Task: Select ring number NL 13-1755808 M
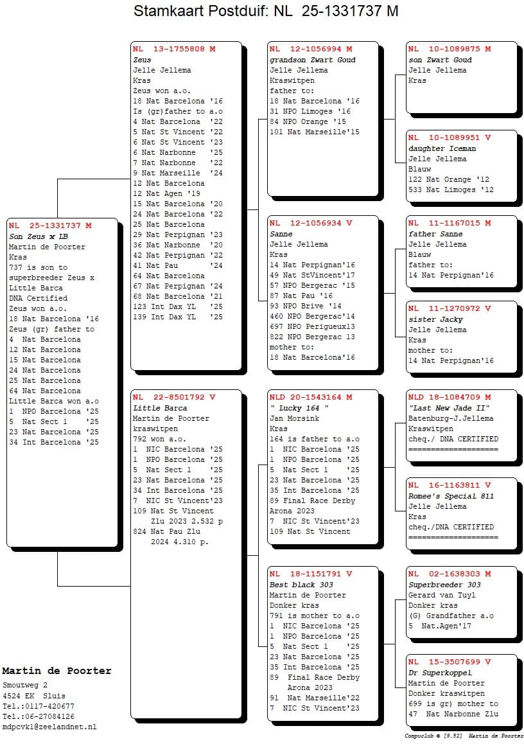(174, 49)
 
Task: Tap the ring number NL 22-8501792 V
(174, 398)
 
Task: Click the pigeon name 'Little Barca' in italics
(160, 408)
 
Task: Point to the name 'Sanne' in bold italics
(281, 234)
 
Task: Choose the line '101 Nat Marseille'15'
(314, 132)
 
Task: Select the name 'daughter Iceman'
(442, 148)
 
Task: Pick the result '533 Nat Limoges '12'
(451, 190)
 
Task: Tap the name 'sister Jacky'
(435, 319)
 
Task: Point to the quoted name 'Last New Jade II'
(450, 408)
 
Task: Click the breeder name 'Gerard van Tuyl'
(442, 595)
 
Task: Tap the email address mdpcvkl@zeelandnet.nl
(49, 727)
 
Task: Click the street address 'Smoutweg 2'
(24, 686)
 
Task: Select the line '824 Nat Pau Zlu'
(166, 531)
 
